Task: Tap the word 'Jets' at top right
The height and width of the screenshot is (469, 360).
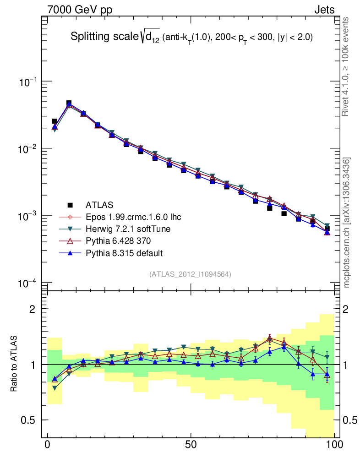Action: tap(324, 10)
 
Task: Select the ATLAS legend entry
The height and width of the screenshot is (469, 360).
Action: tap(99, 204)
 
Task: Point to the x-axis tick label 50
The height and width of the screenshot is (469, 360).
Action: tap(191, 445)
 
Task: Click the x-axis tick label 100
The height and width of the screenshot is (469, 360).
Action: tap(334, 445)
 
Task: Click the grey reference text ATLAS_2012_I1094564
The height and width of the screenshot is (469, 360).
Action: tap(190, 274)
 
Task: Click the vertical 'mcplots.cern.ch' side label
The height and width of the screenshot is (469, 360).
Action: tap(347, 220)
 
